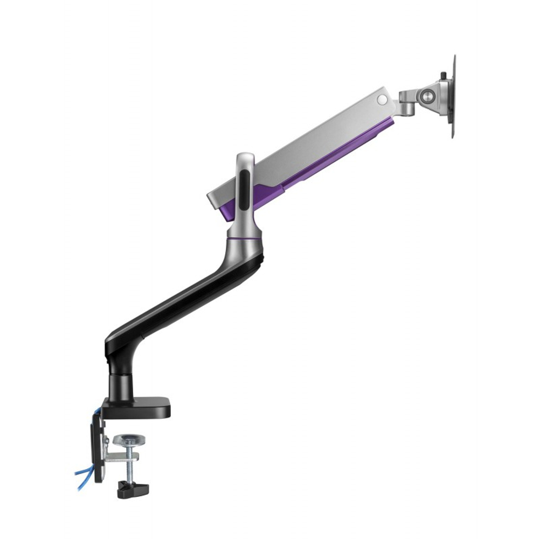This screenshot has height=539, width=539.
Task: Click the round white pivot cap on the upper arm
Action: click(x=382, y=99)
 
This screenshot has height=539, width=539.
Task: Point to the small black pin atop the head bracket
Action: click(x=444, y=75)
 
